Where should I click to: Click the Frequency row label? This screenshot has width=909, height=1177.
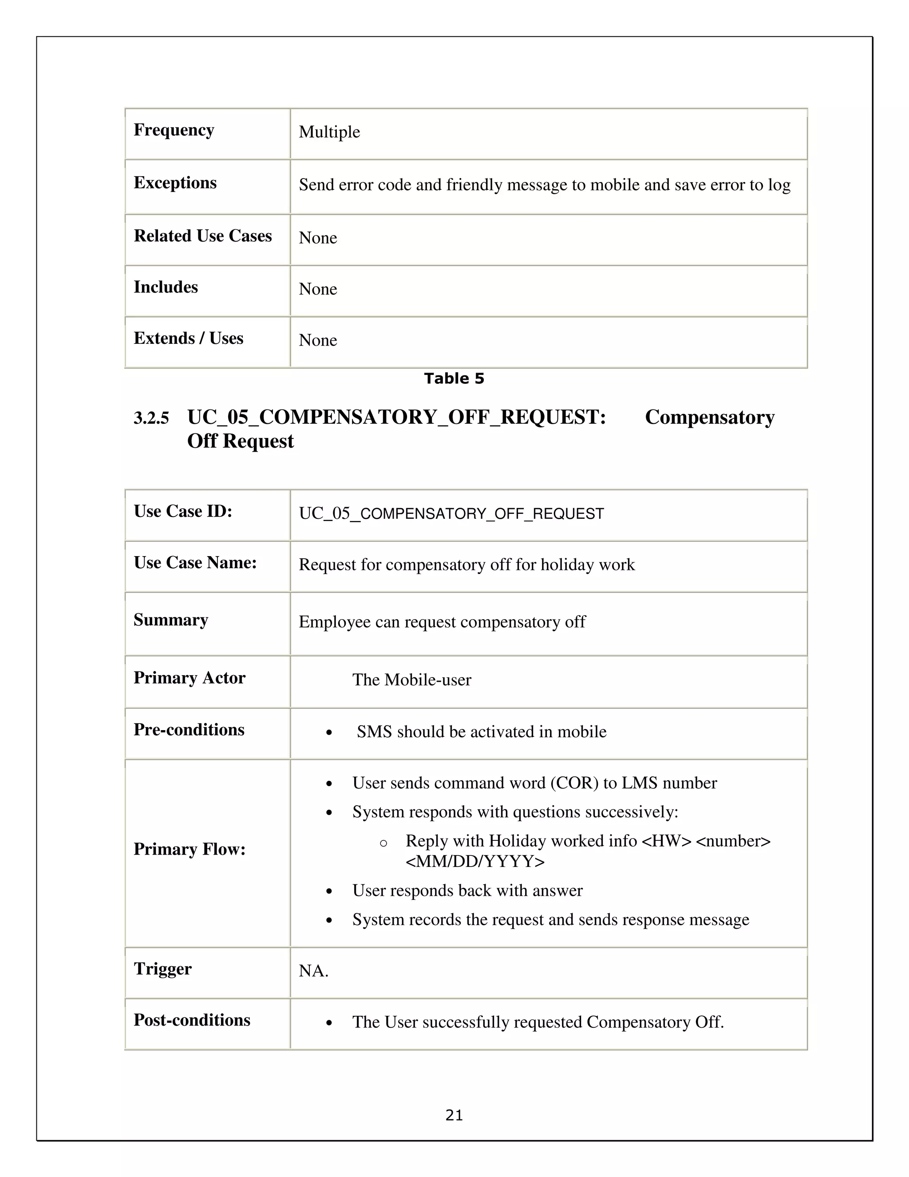(174, 131)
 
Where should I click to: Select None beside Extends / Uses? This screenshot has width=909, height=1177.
(318, 341)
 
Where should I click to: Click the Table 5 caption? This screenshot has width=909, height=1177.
(454, 379)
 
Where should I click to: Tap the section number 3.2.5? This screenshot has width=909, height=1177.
(151, 419)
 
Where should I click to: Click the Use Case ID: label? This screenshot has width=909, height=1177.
(182, 511)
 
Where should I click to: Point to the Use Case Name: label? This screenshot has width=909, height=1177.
(195, 563)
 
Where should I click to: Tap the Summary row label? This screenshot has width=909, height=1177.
(171, 620)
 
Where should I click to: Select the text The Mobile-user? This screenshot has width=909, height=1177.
(411, 680)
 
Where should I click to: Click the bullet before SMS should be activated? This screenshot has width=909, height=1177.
(329, 733)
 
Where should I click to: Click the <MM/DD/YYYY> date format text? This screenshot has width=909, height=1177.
(475, 862)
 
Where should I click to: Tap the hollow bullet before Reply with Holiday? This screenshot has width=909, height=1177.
(383, 843)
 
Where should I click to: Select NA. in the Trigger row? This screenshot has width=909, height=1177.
(313, 971)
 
